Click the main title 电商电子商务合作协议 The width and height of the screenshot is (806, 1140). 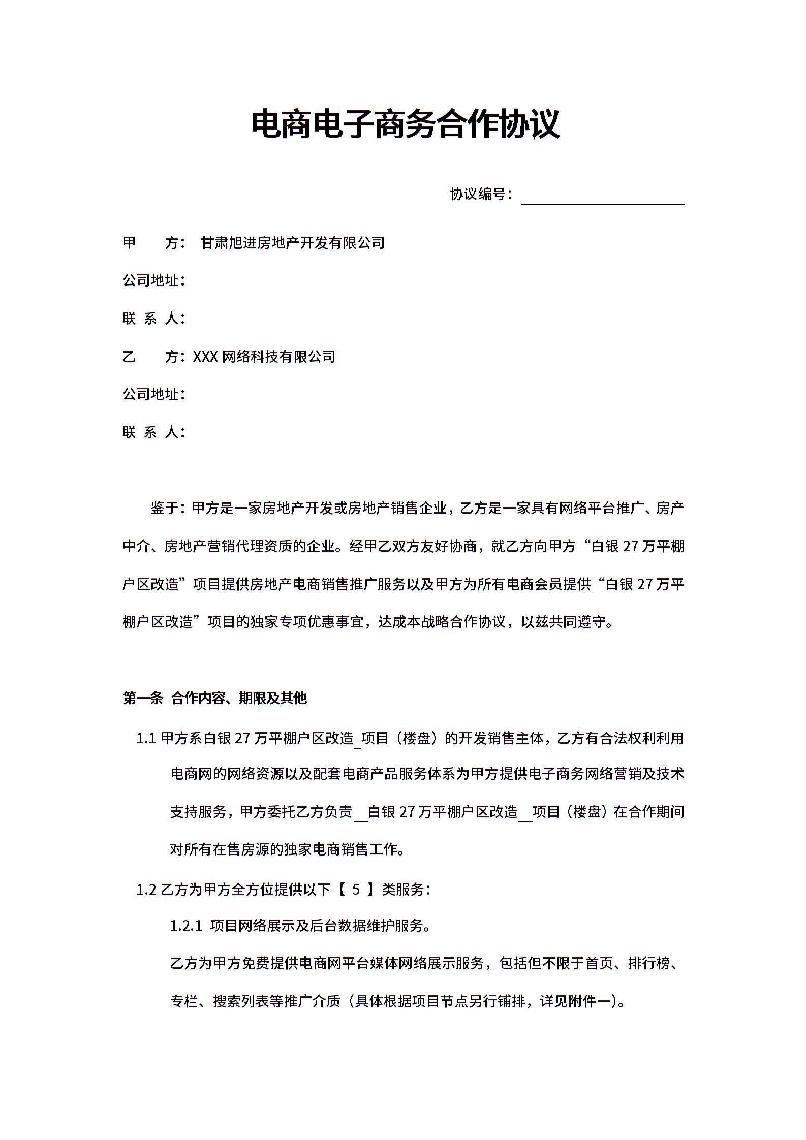tap(405, 124)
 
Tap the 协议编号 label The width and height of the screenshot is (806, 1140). tap(478, 194)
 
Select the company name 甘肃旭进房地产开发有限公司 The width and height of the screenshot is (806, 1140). tap(293, 243)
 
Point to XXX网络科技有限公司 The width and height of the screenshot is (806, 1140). tap(264, 357)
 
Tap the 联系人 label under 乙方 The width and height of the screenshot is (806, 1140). tap(153, 432)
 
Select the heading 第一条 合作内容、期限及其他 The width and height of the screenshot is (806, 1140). tap(215, 698)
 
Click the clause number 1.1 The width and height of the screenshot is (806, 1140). tap(146, 738)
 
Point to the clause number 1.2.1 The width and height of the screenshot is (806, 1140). tap(186, 926)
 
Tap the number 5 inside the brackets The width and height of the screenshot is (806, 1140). tap(356, 890)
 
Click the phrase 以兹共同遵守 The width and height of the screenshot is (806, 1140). tap(564, 622)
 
